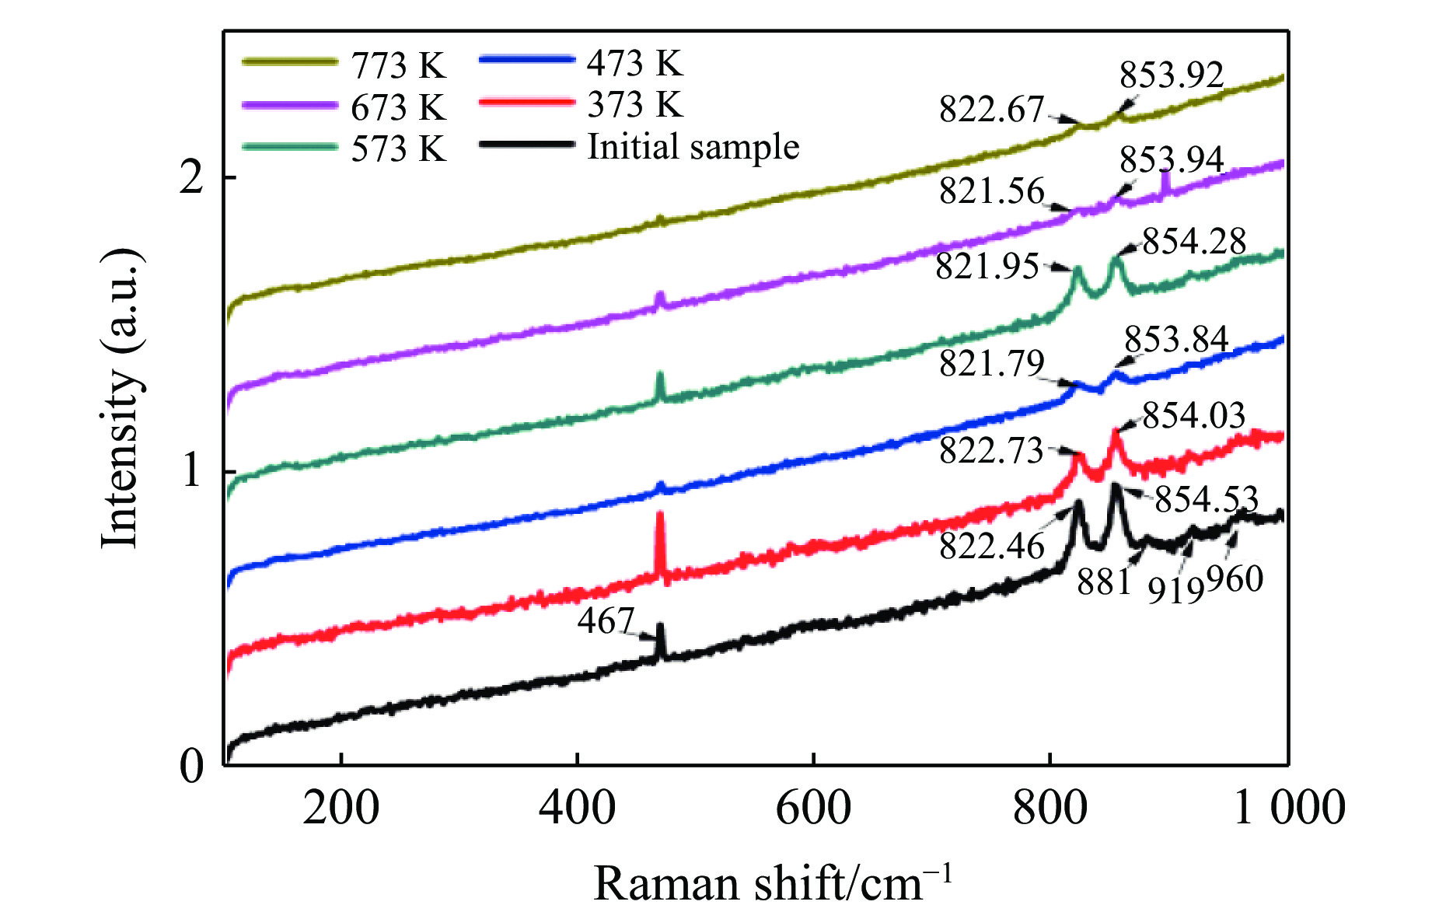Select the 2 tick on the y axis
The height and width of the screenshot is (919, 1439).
point(191,178)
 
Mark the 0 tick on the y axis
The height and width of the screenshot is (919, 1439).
point(191,766)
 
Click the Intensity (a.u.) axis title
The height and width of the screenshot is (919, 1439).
point(120,398)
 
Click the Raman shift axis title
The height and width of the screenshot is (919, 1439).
point(772,883)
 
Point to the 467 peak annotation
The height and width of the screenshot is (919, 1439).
point(606,621)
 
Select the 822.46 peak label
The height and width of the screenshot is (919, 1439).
point(991,546)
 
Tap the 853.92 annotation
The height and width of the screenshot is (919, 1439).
point(1172,75)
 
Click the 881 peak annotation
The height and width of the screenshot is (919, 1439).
point(1103,581)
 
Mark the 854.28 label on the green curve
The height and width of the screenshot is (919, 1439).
point(1194,241)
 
